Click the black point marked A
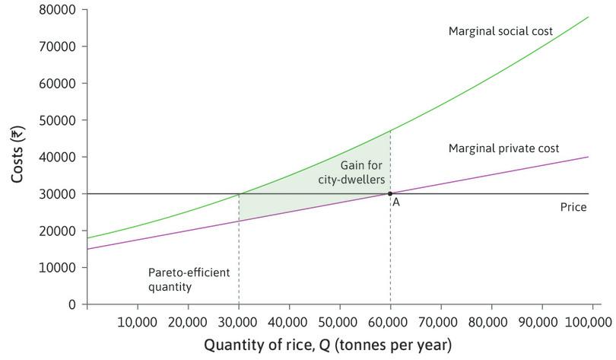[390, 193]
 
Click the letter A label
[396, 203]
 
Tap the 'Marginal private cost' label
[503, 148]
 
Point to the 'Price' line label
[573, 207]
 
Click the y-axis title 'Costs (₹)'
[17, 156]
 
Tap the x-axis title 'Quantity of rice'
[327, 345]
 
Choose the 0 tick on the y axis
[72, 304]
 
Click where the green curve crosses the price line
[239, 193]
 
